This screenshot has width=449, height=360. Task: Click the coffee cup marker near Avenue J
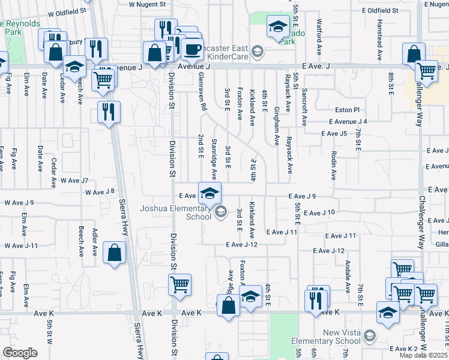pyautogui.click(x=192, y=50)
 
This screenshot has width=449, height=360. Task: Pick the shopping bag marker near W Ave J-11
pyautogui.click(x=115, y=253)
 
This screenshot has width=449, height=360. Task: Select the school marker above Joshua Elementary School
pyautogui.click(x=209, y=194)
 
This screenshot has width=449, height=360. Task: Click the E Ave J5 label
pyautogui.click(x=334, y=133)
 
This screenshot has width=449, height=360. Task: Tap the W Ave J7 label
pyautogui.click(x=73, y=181)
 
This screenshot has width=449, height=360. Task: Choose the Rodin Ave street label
pyautogui.click(x=333, y=165)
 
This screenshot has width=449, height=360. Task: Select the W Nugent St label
pyautogui.click(x=147, y=4)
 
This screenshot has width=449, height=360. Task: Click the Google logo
pyautogui.click(x=20, y=353)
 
